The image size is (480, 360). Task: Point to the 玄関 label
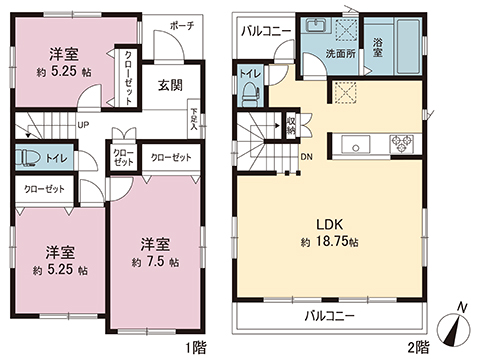[168, 86]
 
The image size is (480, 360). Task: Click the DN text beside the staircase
[307, 157]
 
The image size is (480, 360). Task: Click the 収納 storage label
[291, 124]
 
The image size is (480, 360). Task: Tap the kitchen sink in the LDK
[357, 143]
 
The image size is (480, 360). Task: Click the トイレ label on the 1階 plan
[56, 158]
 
